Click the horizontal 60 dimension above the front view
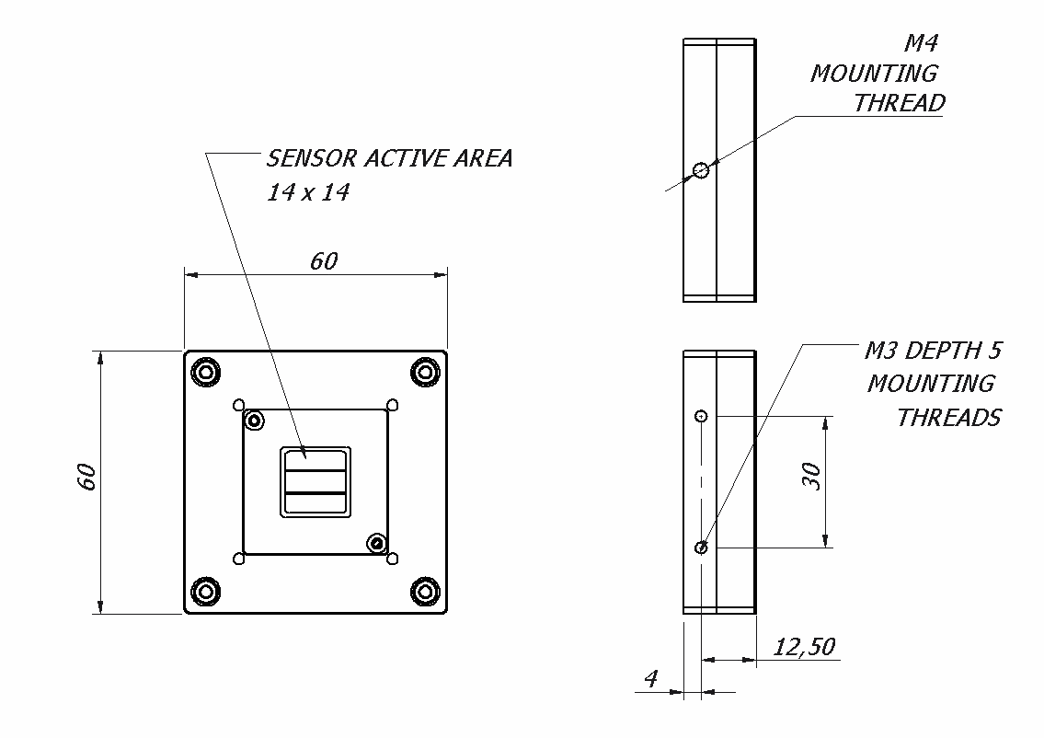tap(324, 261)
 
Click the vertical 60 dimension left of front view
tap(86, 477)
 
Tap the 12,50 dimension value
tap(804, 647)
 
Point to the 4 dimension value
tap(651, 679)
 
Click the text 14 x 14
tap(308, 193)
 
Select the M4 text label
tap(921, 42)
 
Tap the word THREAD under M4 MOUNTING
tap(899, 103)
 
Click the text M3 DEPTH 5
tap(933, 351)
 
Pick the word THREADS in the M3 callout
tap(948, 418)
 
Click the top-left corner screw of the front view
tap(205, 373)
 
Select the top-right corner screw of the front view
tap(425, 373)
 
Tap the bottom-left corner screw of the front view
tap(205, 591)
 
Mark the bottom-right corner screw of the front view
tap(425, 591)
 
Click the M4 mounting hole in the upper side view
tap(702, 169)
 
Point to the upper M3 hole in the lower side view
tap(702, 416)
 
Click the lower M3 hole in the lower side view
tap(702, 548)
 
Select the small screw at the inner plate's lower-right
tap(375, 543)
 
